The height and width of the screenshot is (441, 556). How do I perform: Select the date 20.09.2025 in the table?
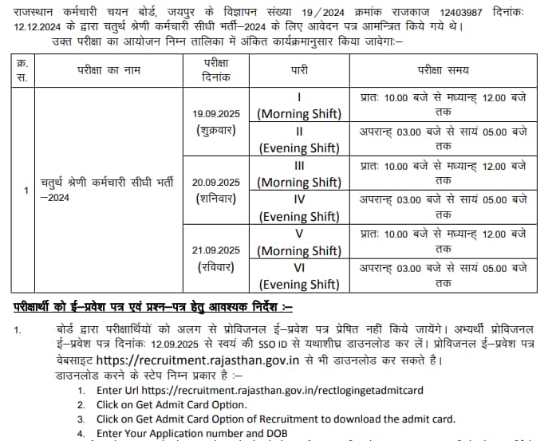point(215,183)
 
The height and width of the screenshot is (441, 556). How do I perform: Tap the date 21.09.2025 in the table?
point(215,250)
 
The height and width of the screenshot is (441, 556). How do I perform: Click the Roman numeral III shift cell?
point(298,166)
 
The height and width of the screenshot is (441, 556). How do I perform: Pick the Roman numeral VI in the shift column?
point(298,269)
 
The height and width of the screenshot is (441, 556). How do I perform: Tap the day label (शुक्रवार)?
point(215,130)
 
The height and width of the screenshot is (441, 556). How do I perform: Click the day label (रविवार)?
point(215,267)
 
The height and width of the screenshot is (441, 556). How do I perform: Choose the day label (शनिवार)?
point(215,199)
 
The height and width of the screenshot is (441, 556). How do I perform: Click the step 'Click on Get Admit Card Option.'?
point(172,404)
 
